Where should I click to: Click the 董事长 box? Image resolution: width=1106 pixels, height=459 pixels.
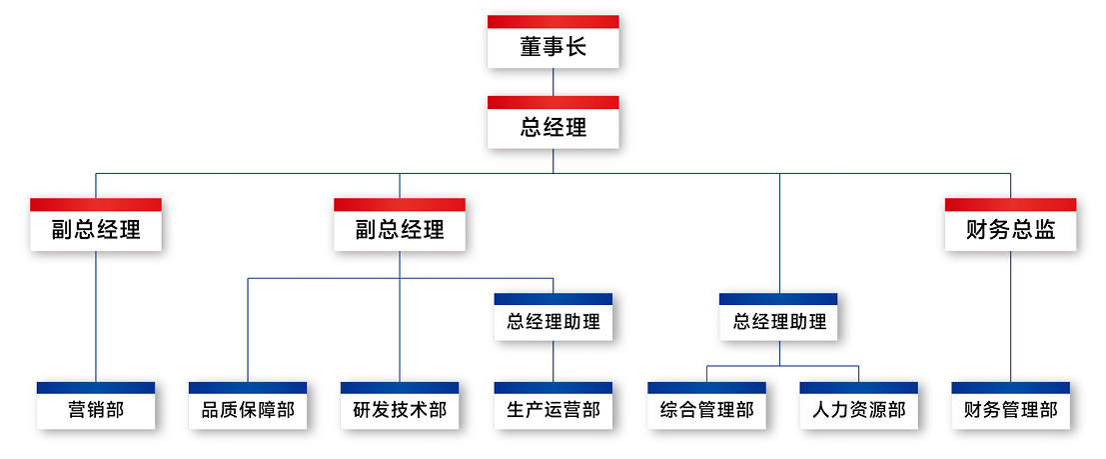[x=553, y=47]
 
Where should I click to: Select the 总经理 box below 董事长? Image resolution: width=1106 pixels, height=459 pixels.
[x=553, y=127]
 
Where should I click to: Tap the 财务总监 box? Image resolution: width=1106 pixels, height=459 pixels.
[x=1010, y=230]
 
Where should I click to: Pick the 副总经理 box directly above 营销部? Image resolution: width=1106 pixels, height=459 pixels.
[x=96, y=230]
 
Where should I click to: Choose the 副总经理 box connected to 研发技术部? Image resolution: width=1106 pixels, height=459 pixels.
[x=400, y=230]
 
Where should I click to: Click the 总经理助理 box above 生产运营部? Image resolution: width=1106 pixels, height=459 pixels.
[x=553, y=321]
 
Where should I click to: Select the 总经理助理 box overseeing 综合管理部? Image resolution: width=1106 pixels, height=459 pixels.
[x=778, y=321]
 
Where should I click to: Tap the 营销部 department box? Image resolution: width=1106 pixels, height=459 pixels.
[x=96, y=409]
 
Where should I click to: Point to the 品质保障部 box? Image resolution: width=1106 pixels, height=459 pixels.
[x=248, y=409]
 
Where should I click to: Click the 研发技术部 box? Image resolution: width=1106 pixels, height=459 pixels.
[x=400, y=409]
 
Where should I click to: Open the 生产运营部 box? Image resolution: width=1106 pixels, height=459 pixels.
[x=553, y=409]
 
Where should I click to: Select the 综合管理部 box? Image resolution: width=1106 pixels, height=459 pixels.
[x=706, y=409]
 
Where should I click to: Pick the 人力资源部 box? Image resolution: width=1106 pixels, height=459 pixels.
[x=858, y=409]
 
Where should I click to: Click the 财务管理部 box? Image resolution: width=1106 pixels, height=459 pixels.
[x=1010, y=409]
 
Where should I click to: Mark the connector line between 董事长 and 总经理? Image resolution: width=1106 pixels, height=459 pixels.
[x=553, y=82]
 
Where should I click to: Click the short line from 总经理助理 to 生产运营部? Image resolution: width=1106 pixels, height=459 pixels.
[x=553, y=360]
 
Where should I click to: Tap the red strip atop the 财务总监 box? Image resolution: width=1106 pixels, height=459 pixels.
[x=1010, y=204]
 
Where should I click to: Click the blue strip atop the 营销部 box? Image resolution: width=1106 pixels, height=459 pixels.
[x=96, y=387]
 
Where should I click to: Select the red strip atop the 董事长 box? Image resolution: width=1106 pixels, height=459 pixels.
[x=553, y=21]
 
